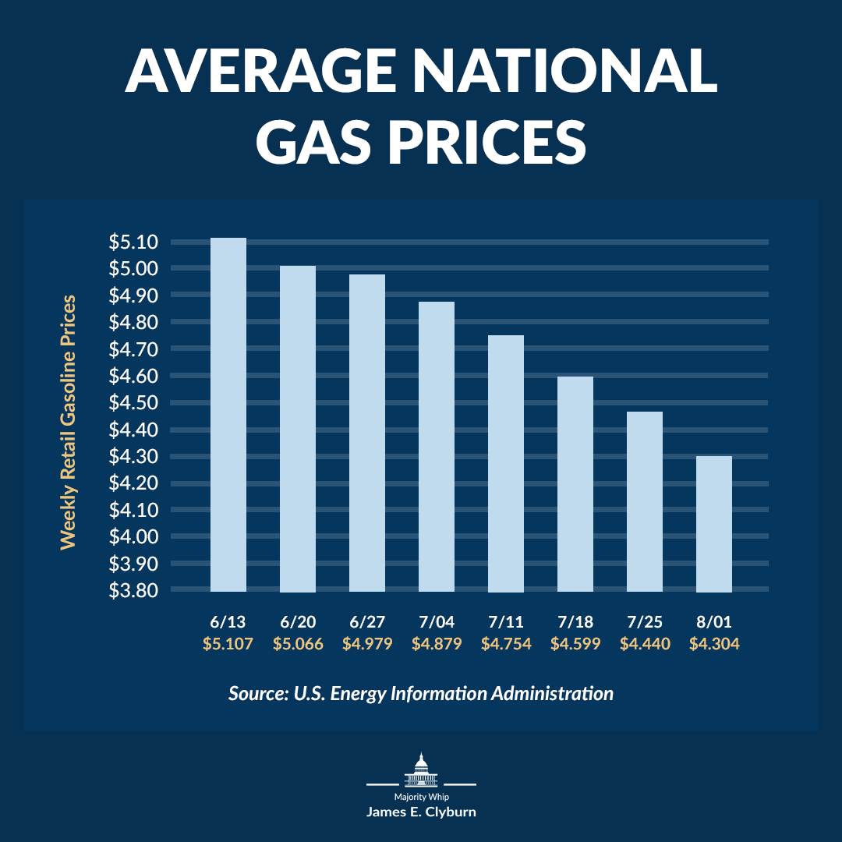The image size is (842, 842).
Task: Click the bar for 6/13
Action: point(228,414)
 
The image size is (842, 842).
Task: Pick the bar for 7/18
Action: point(575,483)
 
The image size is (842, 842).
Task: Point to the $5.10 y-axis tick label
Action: point(134,242)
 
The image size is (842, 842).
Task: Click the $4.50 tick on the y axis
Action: point(134,403)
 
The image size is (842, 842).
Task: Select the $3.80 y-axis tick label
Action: point(134,590)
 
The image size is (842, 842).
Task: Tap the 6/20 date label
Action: point(298,622)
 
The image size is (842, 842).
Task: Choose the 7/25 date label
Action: point(645,622)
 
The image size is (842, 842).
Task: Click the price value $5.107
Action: point(228,644)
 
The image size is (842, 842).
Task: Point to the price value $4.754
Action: point(506,644)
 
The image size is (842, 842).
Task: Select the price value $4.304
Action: point(714,644)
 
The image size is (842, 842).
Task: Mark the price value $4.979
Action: point(367,644)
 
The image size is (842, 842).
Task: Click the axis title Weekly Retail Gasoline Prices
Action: point(69,421)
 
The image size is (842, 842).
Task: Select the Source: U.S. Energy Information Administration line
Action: point(421,693)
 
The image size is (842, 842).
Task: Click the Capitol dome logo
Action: point(421,770)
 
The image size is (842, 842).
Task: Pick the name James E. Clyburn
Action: point(421,812)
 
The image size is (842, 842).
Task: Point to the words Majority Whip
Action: point(421,797)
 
